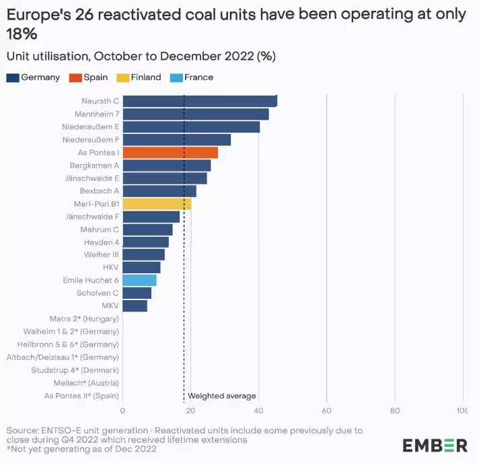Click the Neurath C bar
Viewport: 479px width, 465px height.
(x=200, y=101)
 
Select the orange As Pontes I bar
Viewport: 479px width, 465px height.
(x=170, y=153)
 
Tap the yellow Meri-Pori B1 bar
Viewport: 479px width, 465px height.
(x=157, y=204)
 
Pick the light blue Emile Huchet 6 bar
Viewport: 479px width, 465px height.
(x=139, y=280)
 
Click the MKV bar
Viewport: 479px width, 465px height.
(x=135, y=306)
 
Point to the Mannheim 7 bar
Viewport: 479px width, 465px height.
(x=196, y=114)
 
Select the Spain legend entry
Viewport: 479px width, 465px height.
(x=91, y=77)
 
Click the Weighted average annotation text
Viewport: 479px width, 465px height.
(x=222, y=396)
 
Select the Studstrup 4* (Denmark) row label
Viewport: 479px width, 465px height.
(x=75, y=370)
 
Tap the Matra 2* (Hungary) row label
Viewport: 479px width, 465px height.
(x=84, y=318)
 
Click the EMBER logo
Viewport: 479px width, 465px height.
(x=435, y=445)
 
